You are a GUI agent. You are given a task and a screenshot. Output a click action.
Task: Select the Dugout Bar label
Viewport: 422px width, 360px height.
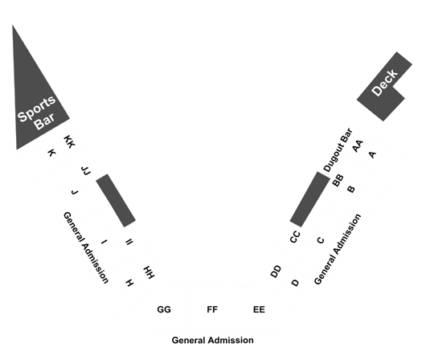tap(338, 149)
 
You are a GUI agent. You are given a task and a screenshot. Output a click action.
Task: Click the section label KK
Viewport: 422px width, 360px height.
tap(69, 141)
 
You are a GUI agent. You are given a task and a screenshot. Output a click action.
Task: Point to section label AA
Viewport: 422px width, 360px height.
tap(358, 146)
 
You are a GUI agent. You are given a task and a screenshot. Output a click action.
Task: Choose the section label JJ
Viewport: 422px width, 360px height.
tap(86, 171)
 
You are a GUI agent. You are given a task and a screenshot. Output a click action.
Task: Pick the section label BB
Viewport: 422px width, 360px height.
tap(338, 180)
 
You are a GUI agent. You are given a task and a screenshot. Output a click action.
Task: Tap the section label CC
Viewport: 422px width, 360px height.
tap(295, 237)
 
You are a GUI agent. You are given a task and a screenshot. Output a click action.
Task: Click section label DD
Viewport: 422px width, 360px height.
tap(276, 272)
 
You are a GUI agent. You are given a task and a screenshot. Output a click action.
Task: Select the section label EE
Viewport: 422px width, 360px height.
tap(259, 309)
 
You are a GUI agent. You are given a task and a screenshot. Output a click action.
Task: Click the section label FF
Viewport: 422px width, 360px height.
tap(212, 309)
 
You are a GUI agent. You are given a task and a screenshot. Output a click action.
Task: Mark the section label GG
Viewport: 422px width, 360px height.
tap(164, 309)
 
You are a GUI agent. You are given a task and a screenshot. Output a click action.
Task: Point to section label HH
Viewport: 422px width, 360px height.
tap(149, 272)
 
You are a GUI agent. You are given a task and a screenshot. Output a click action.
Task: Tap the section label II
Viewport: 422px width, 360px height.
tap(129, 242)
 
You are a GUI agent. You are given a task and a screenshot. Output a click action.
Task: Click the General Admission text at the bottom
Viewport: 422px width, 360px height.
tap(213, 340)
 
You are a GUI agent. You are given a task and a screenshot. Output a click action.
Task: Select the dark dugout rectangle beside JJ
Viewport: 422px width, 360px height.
tap(116, 200)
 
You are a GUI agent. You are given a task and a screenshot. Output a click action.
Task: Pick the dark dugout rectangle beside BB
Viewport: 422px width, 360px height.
tap(309, 199)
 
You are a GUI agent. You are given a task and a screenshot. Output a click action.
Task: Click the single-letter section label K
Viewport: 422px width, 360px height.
tap(51, 153)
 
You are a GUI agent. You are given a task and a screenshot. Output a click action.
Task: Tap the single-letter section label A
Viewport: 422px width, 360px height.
tap(372, 155)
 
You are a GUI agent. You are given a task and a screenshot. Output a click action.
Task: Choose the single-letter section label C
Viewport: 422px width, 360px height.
tap(320, 240)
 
